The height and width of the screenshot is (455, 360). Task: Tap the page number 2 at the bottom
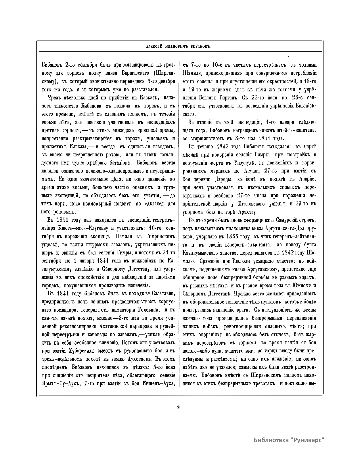(179, 407)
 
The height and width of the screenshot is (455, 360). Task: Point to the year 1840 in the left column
(62, 220)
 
